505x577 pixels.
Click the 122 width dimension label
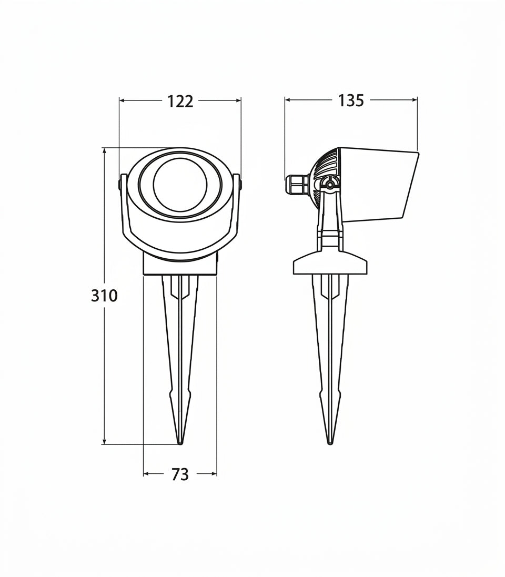tap(180, 101)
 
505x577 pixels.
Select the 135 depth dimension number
tap(351, 100)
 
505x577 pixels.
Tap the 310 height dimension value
tap(104, 296)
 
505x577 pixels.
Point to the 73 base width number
tap(180, 474)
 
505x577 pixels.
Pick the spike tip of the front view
tap(180, 443)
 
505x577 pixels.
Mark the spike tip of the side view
tap(330, 443)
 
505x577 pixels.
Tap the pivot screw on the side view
tap(330, 184)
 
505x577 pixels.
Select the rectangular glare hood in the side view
tap(379, 186)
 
